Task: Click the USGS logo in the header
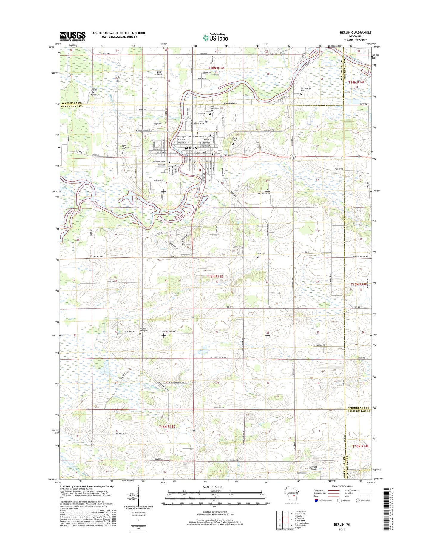(72, 36)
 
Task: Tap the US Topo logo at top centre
(215, 37)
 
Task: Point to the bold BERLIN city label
(191, 148)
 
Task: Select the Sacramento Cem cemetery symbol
(301, 94)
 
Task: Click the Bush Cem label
(261, 254)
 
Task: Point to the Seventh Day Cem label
(143, 329)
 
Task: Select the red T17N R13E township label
(215, 277)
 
